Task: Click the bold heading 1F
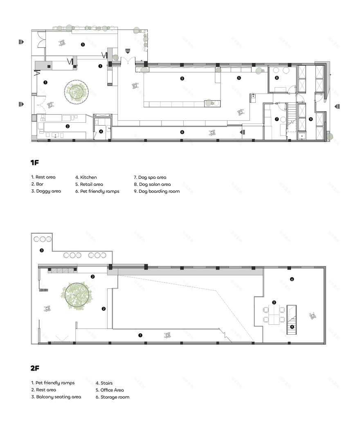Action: coord(34,163)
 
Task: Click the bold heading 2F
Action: coord(35,368)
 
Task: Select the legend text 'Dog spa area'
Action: coord(150,177)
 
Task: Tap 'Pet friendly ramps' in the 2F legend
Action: coord(53,383)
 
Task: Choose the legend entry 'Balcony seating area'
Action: coord(56,397)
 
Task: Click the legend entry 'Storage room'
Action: coord(112,397)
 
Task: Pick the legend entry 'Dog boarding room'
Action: coord(157,191)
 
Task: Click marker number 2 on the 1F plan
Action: coord(67,126)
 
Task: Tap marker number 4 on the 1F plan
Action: coord(101,131)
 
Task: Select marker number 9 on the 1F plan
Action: coord(310,119)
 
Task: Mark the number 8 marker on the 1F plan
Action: coord(277,77)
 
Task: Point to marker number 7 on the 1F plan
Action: coord(277,119)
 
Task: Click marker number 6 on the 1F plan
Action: coord(182,132)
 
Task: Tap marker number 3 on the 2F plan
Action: coord(41,250)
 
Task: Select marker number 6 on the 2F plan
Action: coord(292,279)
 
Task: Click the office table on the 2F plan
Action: coord(274,314)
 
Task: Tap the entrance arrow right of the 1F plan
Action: coord(337,107)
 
